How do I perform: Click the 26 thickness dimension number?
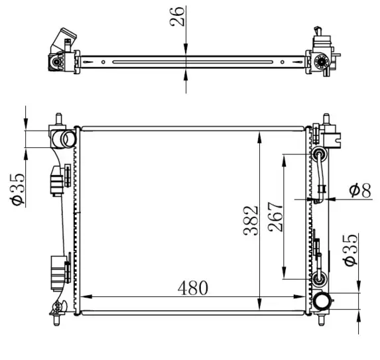click(x=177, y=16)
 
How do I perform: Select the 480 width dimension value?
click(x=193, y=288)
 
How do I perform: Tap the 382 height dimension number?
click(x=251, y=221)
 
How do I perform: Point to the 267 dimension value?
click(x=276, y=217)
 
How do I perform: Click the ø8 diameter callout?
click(x=360, y=190)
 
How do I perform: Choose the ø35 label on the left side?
click(x=17, y=189)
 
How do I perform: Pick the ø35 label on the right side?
click(x=350, y=250)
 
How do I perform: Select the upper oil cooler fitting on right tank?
click(x=320, y=154)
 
